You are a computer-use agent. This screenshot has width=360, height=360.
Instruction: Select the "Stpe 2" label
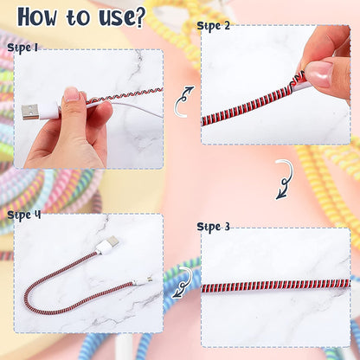[x=213, y=25]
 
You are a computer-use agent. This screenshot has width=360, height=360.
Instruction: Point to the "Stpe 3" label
[x=213, y=227]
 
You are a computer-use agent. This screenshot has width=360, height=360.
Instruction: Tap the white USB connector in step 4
[x=106, y=248]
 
